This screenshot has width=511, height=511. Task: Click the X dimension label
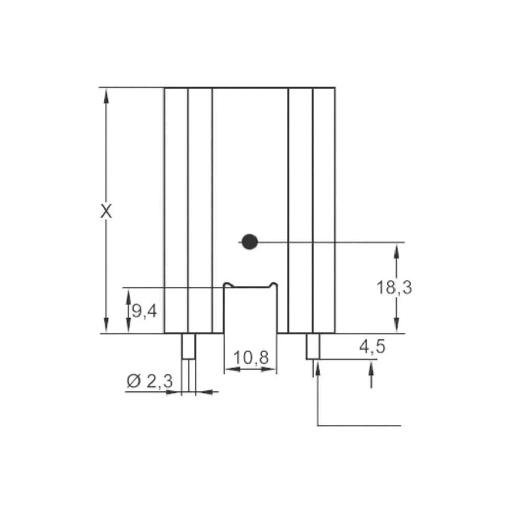[106, 211]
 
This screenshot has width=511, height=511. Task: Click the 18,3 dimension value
[394, 288]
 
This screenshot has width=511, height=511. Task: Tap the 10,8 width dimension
[250, 358]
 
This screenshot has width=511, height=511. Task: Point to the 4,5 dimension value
[372, 347]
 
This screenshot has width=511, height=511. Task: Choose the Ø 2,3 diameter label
[149, 381]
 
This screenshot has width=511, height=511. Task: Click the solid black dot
[249, 242]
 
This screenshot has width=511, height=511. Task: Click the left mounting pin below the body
[189, 346]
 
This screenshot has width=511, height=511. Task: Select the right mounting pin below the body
[313, 346]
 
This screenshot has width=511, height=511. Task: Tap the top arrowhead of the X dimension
[106, 95]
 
